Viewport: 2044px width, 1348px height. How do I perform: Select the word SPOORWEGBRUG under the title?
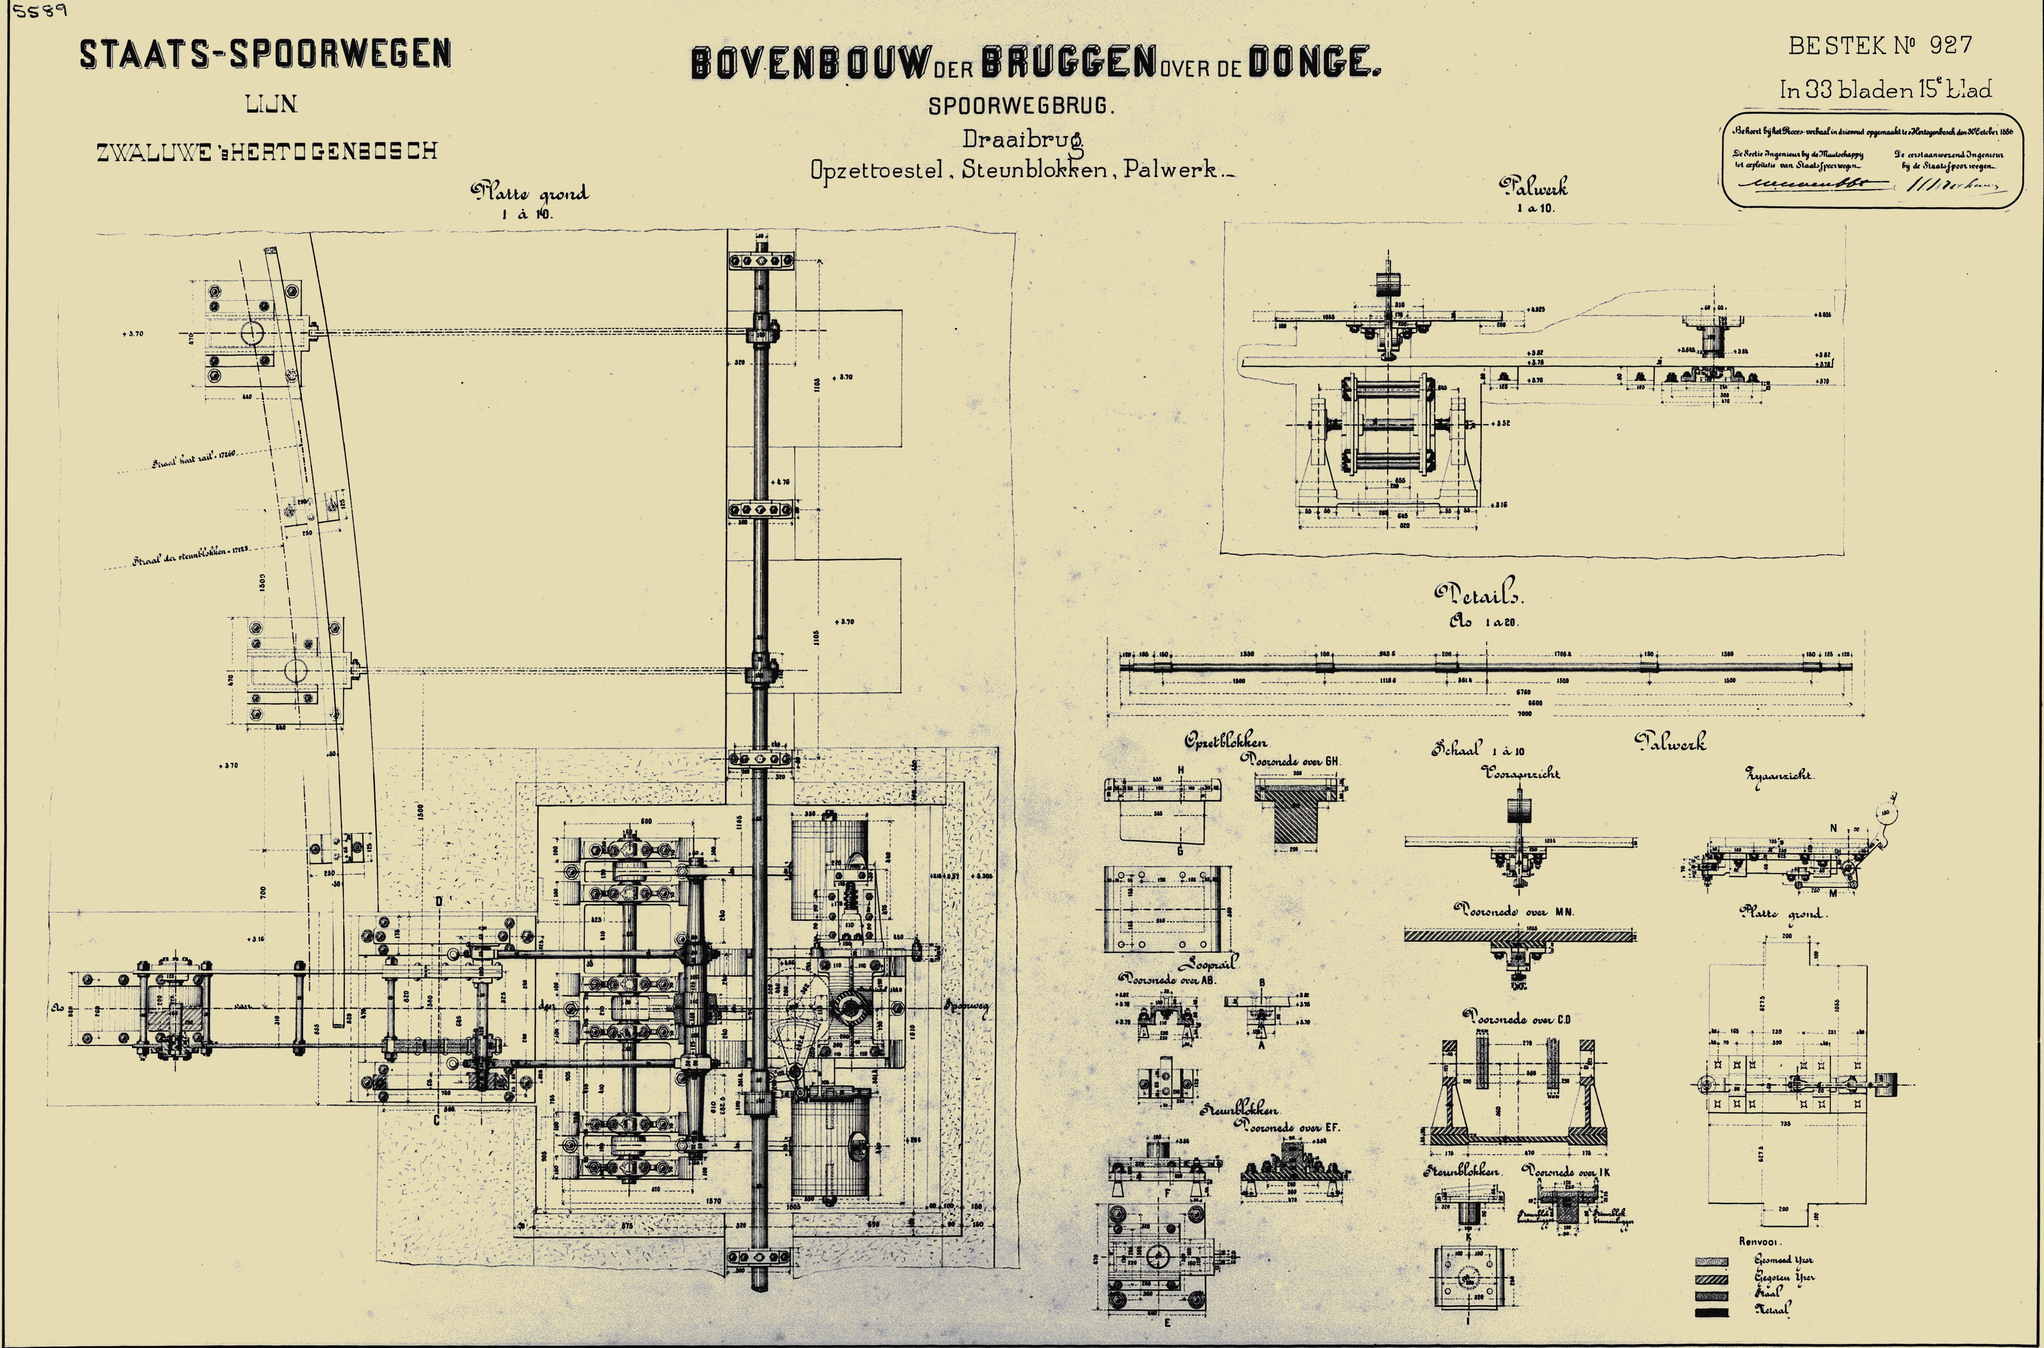pyautogui.click(x=1020, y=107)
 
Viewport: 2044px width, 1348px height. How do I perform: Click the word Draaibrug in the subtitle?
pyautogui.click(x=1021, y=138)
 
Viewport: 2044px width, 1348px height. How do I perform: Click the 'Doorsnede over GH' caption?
pyautogui.click(x=1291, y=761)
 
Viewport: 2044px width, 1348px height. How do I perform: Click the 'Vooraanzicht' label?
pyautogui.click(x=1522, y=773)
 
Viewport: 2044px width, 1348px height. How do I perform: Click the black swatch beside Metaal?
pyautogui.click(x=1710, y=1312)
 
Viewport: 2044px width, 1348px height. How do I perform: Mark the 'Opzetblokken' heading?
pyautogui.click(x=1225, y=741)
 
